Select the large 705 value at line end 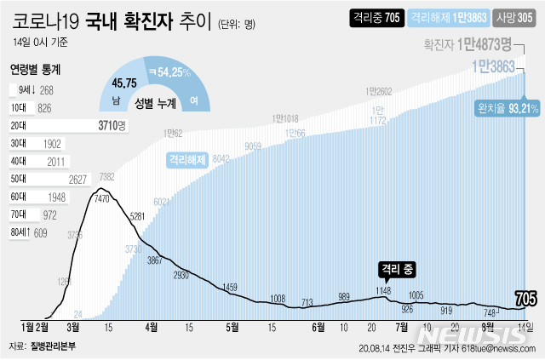tap(525, 298)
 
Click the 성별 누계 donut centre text tap(161, 102)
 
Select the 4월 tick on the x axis tap(152, 326)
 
